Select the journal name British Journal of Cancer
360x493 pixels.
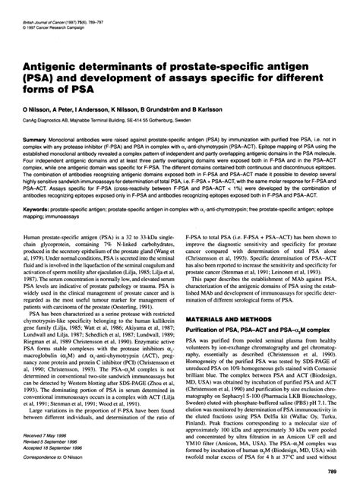click(43, 10)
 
